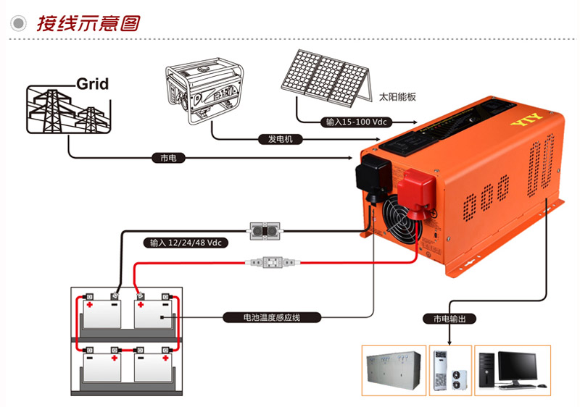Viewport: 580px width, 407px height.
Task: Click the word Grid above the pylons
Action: tap(92, 84)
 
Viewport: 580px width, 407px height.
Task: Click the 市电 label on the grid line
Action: tap(168, 157)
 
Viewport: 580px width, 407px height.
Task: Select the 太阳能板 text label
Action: tap(397, 96)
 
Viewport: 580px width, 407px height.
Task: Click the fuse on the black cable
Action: tap(265, 231)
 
